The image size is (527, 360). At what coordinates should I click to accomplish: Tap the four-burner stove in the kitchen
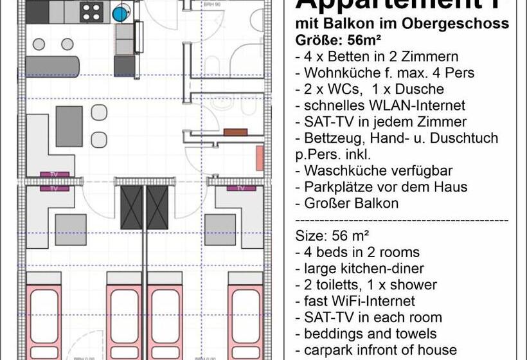coord(92,12)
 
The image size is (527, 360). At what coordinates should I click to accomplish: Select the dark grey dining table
coord(69,126)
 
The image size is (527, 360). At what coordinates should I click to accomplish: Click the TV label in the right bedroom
coord(241,188)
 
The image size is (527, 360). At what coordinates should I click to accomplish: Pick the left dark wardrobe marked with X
coord(132,207)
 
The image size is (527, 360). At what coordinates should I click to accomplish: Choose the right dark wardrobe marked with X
coord(157,207)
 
